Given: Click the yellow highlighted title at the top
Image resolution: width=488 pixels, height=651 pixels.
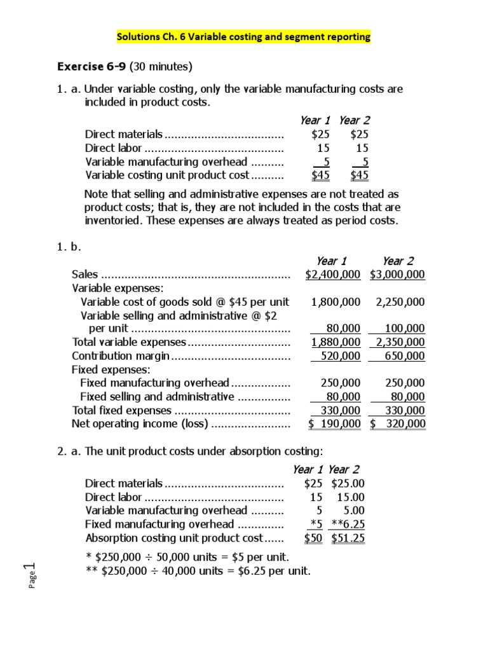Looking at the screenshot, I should (x=243, y=37).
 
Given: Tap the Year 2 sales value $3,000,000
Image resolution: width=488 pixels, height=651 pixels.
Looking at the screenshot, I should (x=398, y=275).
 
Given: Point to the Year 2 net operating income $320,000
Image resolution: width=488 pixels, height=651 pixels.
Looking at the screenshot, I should (x=398, y=424).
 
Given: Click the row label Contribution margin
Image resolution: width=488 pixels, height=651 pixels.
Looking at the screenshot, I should (x=120, y=356).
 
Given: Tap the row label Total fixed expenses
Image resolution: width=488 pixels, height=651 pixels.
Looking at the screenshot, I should (x=122, y=411).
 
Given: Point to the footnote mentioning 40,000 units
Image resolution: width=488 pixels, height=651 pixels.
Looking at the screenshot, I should (x=198, y=570).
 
